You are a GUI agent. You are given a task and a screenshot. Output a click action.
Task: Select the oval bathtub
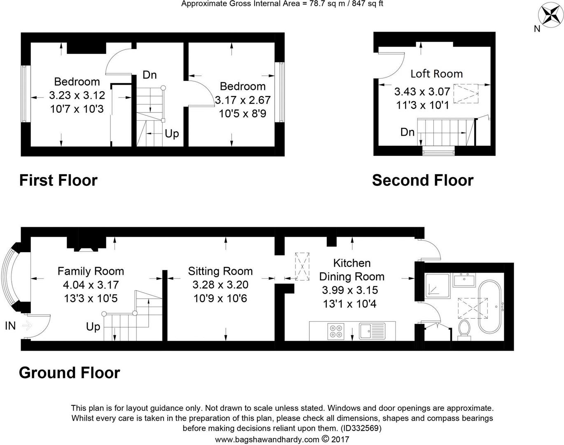tap(489, 307)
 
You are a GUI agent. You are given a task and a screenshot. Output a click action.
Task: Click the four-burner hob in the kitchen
tap(336, 331)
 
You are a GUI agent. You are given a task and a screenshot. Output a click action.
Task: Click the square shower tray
tap(437, 286)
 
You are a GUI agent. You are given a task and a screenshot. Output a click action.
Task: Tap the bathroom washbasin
tap(463, 280)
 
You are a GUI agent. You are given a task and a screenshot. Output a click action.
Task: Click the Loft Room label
tap(436, 74)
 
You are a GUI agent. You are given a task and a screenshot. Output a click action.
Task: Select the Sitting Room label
tap(220, 271)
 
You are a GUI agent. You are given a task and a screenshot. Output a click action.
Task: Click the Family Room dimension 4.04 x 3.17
tap(91, 285)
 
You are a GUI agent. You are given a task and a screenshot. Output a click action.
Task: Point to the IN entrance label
tap(10, 326)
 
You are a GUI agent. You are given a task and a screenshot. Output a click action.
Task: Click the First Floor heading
tap(59, 180)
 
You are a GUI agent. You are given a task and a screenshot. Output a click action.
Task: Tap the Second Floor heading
tap(423, 180)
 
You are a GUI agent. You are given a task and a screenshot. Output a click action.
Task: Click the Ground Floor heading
tap(70, 372)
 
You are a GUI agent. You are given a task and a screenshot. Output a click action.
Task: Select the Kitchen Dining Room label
tap(352, 270)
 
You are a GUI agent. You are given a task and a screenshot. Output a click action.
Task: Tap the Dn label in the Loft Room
tap(407, 132)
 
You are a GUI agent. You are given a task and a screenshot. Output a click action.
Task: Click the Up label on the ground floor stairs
tap(93, 327)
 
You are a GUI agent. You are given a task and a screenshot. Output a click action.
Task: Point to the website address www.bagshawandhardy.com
tap(267, 440)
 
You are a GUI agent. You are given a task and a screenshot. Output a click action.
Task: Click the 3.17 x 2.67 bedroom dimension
tap(243, 100)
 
